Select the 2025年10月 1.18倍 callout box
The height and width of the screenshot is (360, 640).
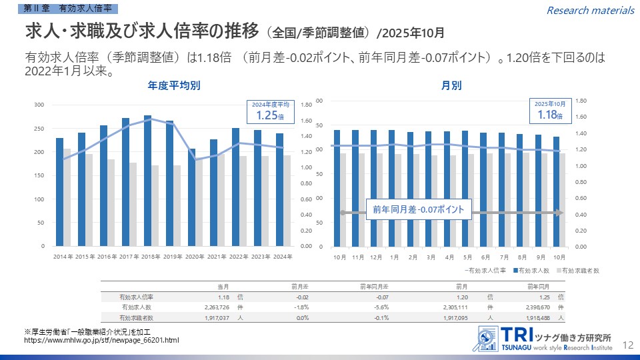(x=550, y=111)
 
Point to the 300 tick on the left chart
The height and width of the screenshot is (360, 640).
(x=39, y=105)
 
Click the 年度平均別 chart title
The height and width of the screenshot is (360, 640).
(x=174, y=86)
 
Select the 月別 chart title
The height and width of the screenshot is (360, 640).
(x=451, y=86)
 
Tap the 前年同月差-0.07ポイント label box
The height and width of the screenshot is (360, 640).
(x=419, y=210)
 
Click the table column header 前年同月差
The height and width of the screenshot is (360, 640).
(x=375, y=286)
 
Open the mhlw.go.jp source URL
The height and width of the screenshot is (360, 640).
(x=101, y=341)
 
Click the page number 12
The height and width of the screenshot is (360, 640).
(x=627, y=345)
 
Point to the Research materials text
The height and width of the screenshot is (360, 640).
(x=590, y=10)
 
